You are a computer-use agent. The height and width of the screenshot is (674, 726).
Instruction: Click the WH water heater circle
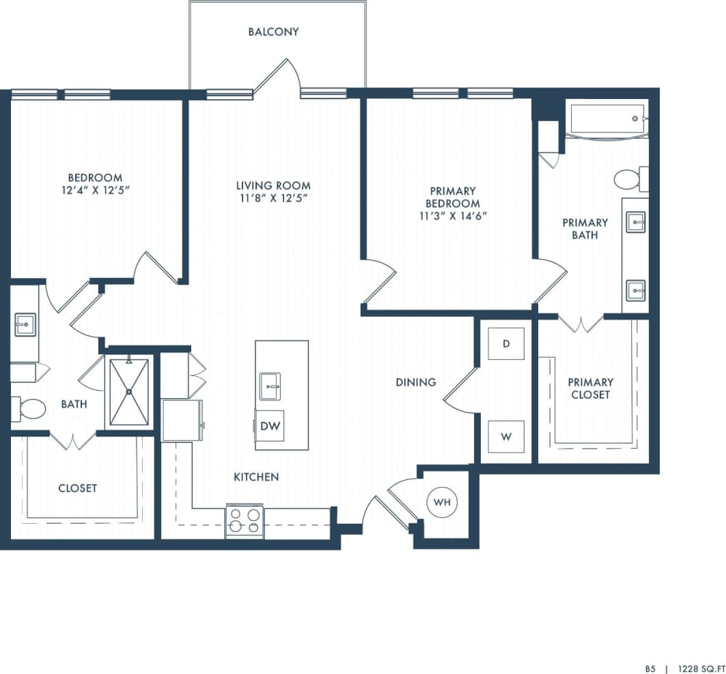[x=443, y=503]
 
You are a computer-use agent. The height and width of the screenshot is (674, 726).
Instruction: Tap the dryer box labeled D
[x=506, y=343]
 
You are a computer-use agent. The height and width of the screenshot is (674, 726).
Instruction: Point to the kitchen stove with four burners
[x=245, y=520]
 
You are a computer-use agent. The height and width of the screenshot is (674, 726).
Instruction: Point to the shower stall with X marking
[x=129, y=392]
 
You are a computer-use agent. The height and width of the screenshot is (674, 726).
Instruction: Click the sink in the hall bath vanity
[x=25, y=325]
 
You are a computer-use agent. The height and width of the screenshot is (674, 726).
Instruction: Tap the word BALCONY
[x=273, y=32]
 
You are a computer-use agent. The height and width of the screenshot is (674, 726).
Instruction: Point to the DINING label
[x=415, y=382]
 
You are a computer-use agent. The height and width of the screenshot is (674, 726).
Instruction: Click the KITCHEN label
[x=256, y=477]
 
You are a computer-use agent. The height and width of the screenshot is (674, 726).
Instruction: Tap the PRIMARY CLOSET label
[x=590, y=388]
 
